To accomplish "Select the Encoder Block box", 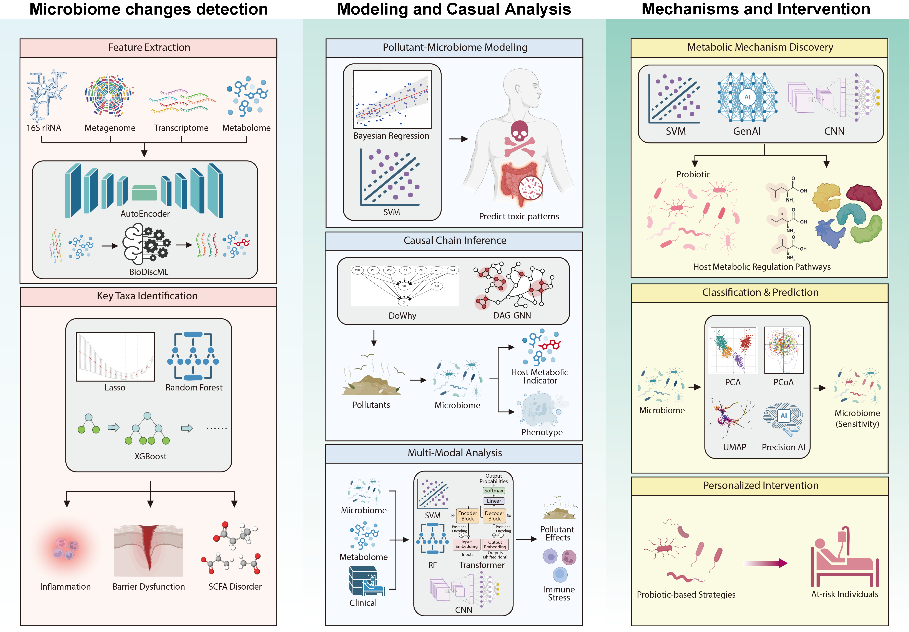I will (x=467, y=516).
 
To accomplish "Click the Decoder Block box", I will (x=494, y=516).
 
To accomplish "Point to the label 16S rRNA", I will (x=44, y=128).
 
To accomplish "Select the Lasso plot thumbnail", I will (x=115, y=356).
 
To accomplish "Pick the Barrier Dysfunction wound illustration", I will (x=148, y=550).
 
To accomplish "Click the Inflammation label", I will (x=65, y=587).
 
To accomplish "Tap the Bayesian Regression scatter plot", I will (x=392, y=99).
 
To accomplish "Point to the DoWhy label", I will (x=402, y=316).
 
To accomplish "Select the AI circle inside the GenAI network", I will (x=747, y=97).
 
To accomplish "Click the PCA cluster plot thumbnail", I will (x=733, y=350).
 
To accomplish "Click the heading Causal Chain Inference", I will (x=455, y=240).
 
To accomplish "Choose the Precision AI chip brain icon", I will (x=783, y=419).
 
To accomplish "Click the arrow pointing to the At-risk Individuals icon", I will (x=766, y=563).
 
